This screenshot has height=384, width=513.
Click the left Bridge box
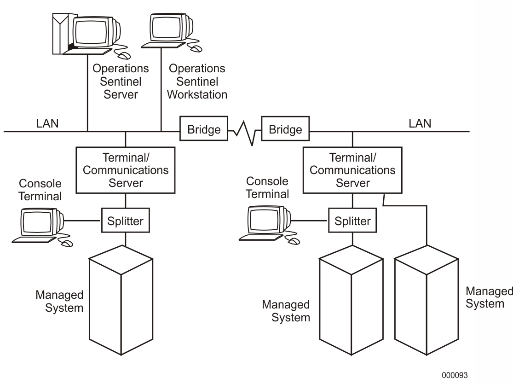click(204, 130)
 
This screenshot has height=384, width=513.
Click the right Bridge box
click(286, 130)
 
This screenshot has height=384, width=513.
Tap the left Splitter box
click(125, 221)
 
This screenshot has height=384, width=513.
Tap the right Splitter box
click(352, 221)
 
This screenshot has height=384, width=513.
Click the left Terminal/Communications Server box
click(125, 170)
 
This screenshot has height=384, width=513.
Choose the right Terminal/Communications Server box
click(352, 170)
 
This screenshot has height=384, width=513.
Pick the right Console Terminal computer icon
click(267, 223)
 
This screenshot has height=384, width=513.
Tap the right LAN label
click(420, 123)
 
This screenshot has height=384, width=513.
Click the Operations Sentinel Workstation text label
click(197, 81)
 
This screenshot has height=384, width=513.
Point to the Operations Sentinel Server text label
click(121, 81)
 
